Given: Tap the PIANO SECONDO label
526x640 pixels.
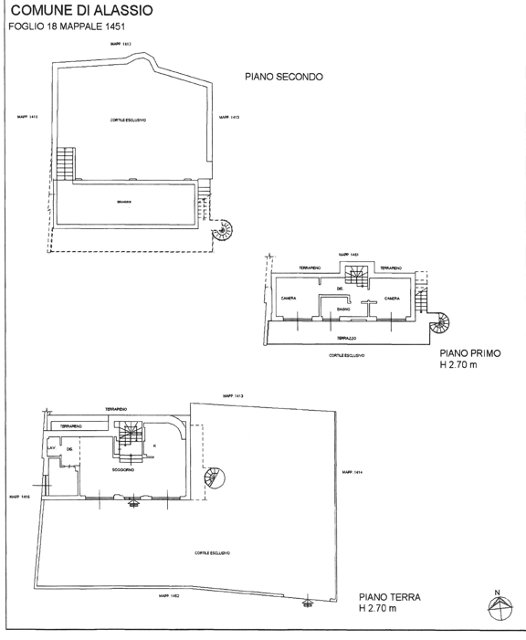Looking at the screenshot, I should pyautogui.click(x=283, y=78).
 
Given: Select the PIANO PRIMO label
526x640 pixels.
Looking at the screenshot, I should pyautogui.click(x=469, y=352).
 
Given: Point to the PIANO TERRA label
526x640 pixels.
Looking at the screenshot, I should pyautogui.click(x=389, y=597).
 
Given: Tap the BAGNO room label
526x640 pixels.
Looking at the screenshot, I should pyautogui.click(x=344, y=310).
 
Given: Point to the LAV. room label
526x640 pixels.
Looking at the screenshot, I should pyautogui.click(x=52, y=447).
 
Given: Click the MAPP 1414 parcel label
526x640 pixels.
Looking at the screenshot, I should pyautogui.click(x=353, y=472).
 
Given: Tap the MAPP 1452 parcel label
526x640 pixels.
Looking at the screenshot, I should pyautogui.click(x=169, y=594).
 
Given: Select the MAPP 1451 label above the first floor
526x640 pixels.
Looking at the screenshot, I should pyautogui.click(x=347, y=254).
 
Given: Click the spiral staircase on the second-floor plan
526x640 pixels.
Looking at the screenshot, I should pyautogui.click(x=222, y=231).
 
